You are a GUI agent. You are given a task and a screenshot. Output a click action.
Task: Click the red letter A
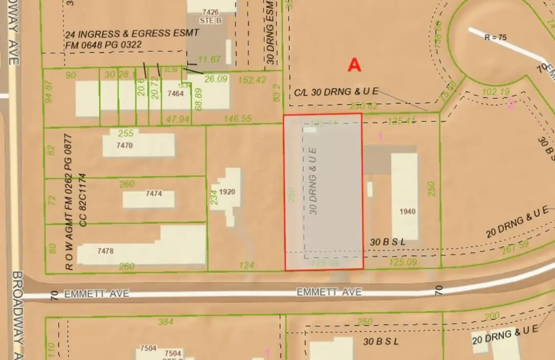tap(354, 65)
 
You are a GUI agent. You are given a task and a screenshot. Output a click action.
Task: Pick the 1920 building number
tap(226, 192)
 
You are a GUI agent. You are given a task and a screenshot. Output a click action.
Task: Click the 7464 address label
tap(175, 94)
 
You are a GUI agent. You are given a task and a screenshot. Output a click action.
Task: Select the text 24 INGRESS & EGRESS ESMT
tap(131, 34)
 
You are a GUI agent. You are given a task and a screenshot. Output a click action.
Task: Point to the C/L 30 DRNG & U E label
tap(336, 92)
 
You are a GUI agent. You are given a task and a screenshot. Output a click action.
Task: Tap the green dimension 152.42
tap(252, 80)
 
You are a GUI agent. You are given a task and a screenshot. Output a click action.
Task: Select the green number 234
tap(215, 197)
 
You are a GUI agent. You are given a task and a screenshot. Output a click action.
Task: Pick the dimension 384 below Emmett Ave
tap(166, 322)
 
